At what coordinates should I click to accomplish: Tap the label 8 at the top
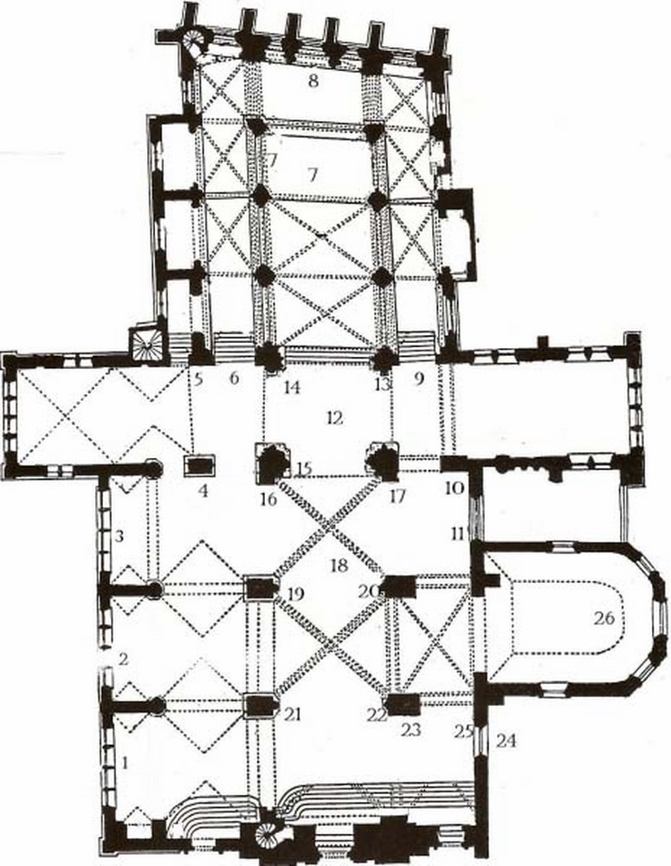tap(313, 82)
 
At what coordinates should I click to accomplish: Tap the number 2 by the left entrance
tap(123, 659)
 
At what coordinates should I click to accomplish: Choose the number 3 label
tap(120, 537)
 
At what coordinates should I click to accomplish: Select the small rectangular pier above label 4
tap(201, 465)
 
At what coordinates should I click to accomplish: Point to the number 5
tap(198, 378)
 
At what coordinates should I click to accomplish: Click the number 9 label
tap(419, 378)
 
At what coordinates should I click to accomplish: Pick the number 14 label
tap(292, 388)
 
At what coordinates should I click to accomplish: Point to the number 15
tap(303, 469)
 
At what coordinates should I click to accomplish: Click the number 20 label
tap(371, 591)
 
